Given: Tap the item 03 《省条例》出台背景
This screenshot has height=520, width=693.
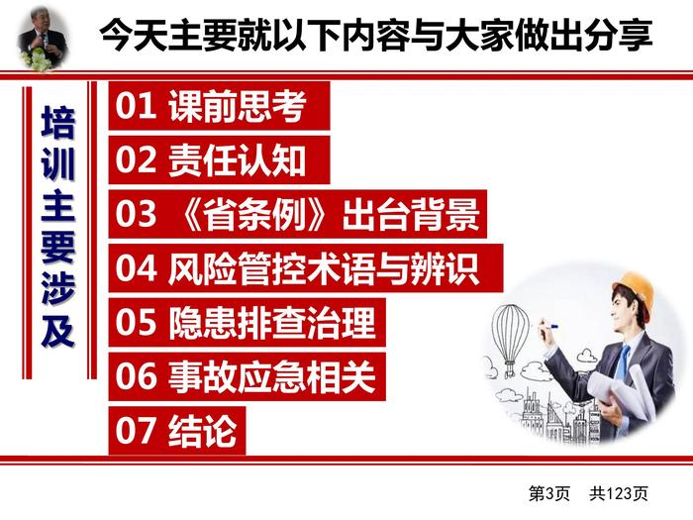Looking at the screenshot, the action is click(298, 215).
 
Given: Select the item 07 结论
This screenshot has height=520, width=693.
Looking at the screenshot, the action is click(177, 431).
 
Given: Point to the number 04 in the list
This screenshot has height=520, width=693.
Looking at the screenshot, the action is click(137, 268).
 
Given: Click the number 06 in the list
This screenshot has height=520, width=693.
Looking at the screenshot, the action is click(137, 377).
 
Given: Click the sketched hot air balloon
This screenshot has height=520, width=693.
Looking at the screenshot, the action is click(511, 337).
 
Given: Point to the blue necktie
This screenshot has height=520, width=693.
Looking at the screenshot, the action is click(623, 363).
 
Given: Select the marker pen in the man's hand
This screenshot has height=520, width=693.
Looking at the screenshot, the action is click(547, 327).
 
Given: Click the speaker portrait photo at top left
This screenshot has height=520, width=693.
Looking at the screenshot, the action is click(43, 39).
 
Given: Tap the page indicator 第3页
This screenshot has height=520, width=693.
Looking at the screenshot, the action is click(549, 493).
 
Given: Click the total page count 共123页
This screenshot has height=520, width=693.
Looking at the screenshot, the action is click(619, 493).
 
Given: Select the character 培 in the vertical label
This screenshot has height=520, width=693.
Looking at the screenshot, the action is click(57, 122).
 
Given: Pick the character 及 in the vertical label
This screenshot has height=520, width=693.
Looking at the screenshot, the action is click(57, 331).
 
